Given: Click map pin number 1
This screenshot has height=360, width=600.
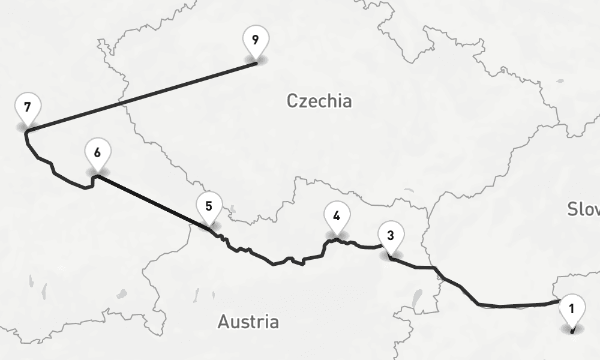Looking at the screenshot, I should click(571, 310).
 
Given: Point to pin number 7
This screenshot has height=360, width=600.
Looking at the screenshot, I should click(27, 108).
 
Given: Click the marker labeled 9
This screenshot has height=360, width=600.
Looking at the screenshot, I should click(256, 41).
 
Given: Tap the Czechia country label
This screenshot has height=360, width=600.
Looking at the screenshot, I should click(319, 101).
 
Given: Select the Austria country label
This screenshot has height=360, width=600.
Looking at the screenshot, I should click(248, 322).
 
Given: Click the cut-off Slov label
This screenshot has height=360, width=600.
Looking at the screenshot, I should click(583, 209).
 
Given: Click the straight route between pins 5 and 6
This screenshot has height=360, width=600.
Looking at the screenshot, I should click(153, 202).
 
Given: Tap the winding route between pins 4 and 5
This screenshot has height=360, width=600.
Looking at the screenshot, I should click(273, 263).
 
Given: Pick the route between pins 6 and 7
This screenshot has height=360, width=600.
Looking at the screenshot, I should click(54, 171).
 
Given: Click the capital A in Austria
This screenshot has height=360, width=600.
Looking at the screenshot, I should click(223, 322).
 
